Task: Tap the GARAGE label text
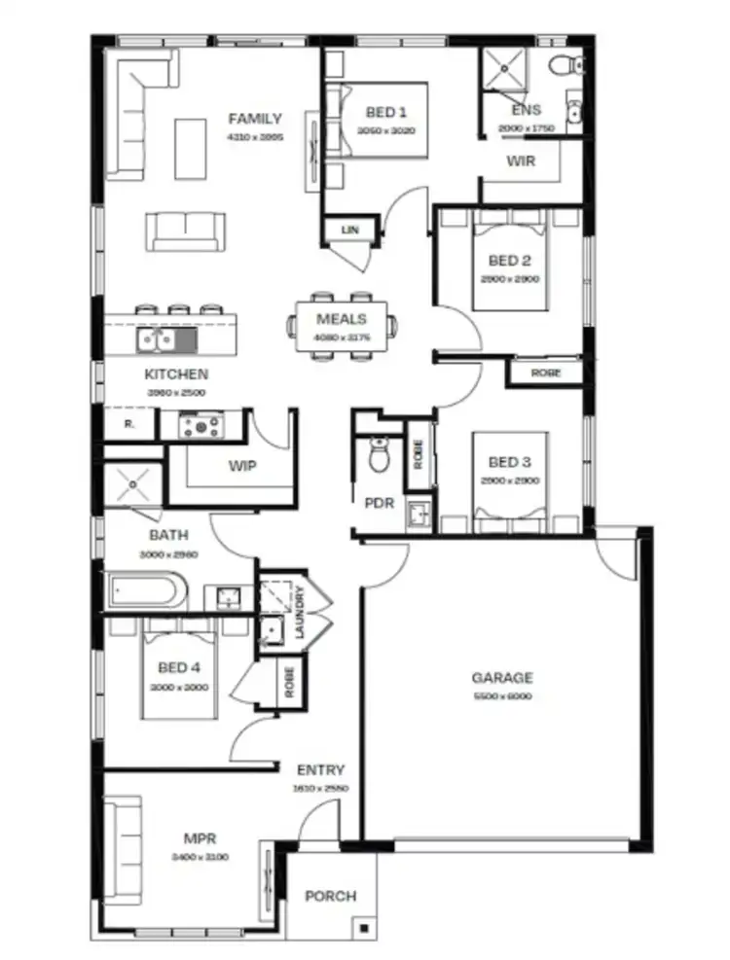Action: (x=502, y=678)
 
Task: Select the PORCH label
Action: (x=331, y=896)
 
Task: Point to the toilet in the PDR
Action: (x=380, y=454)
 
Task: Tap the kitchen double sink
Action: (x=157, y=339)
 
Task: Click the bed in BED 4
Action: (x=179, y=671)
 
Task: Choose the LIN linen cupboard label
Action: (x=349, y=230)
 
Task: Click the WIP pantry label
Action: (x=242, y=466)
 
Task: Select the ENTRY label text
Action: (x=321, y=770)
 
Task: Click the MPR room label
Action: (x=200, y=837)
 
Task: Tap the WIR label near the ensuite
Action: (x=521, y=161)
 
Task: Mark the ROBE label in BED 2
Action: (x=545, y=373)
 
